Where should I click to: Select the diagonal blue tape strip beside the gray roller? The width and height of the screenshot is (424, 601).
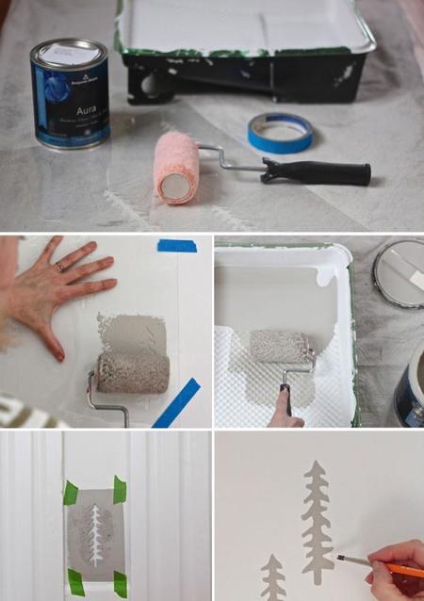pyautogui.click(x=176, y=402)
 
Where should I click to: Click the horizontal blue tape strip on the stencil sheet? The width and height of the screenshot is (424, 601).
pyautogui.click(x=177, y=246)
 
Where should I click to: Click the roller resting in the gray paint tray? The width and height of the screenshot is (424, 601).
pyautogui.click(x=280, y=347)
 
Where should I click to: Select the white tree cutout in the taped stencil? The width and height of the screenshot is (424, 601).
pyautogui.click(x=94, y=534)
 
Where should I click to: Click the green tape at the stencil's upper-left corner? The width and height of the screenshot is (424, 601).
pyautogui.click(x=70, y=492)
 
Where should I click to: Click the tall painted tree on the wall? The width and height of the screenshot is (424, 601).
pyautogui.click(x=317, y=509)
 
